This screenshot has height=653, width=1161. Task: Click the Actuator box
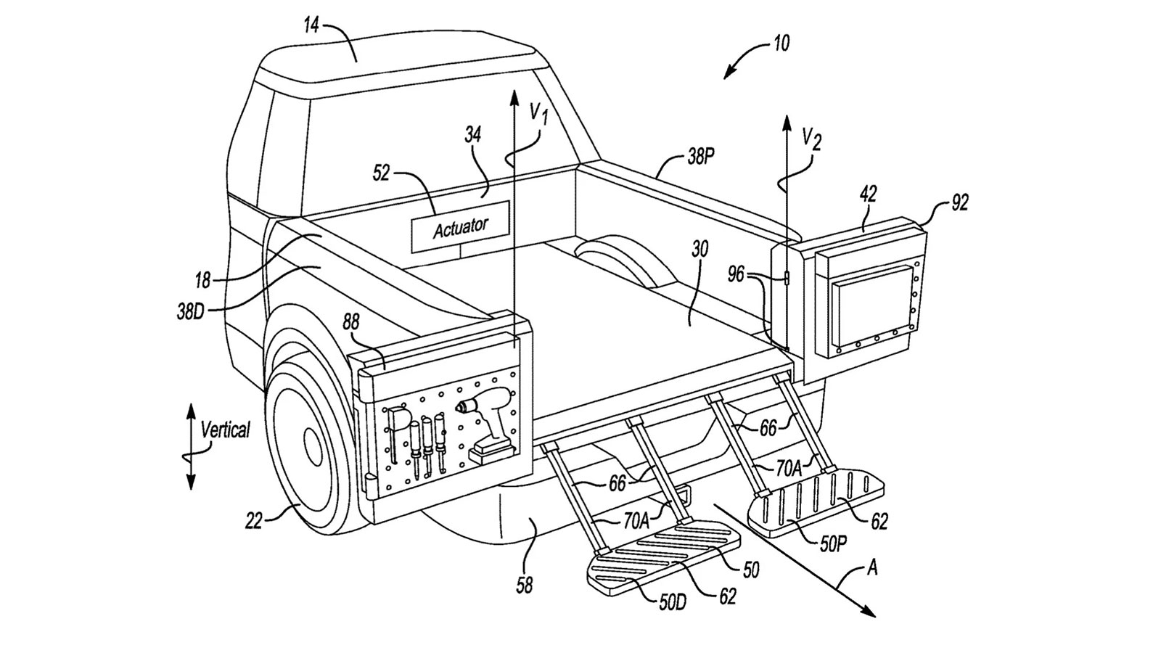click(x=460, y=226)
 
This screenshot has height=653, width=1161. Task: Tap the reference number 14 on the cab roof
click(x=311, y=26)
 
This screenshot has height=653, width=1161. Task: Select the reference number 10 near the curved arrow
click(x=781, y=44)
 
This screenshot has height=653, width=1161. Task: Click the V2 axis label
click(x=812, y=137)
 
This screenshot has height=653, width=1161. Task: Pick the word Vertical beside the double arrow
click(x=225, y=430)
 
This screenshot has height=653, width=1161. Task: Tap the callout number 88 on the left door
click(x=352, y=323)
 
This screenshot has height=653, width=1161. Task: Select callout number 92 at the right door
click(x=959, y=204)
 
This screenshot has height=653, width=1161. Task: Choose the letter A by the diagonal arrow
click(x=872, y=567)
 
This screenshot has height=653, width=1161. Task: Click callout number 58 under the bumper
click(x=524, y=585)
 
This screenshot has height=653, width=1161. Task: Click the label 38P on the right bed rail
click(x=700, y=156)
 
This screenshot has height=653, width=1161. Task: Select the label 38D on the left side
click(x=191, y=312)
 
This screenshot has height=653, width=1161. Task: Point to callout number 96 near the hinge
click(x=737, y=274)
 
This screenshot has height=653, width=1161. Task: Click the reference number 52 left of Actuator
click(x=381, y=173)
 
